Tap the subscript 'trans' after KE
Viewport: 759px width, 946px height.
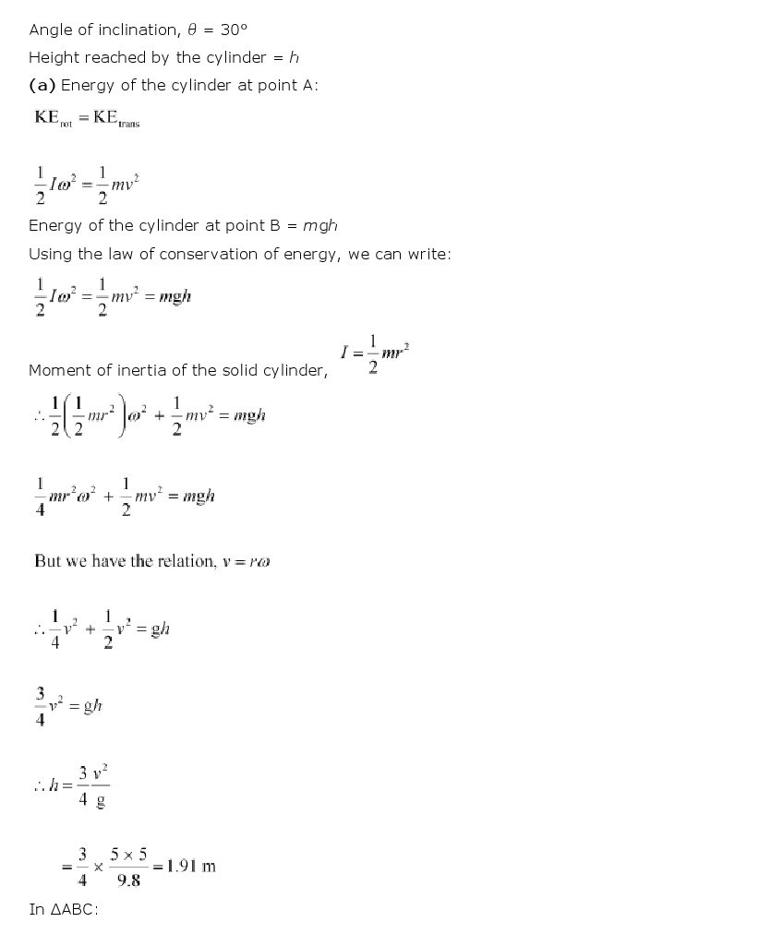pyautogui.click(x=128, y=124)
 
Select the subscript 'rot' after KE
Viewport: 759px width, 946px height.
pyautogui.click(x=66, y=124)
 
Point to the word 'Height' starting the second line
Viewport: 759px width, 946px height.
pyautogui.click(x=52, y=57)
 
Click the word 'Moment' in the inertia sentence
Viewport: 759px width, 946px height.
pyautogui.click(x=57, y=370)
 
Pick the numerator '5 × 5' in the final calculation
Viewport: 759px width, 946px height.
pyautogui.click(x=129, y=855)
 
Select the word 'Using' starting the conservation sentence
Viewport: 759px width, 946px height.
pyautogui.click(x=49, y=254)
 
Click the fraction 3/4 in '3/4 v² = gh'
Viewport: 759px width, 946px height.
pyautogui.click(x=40, y=706)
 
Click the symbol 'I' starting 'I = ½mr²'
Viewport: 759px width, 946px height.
pyautogui.click(x=344, y=352)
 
